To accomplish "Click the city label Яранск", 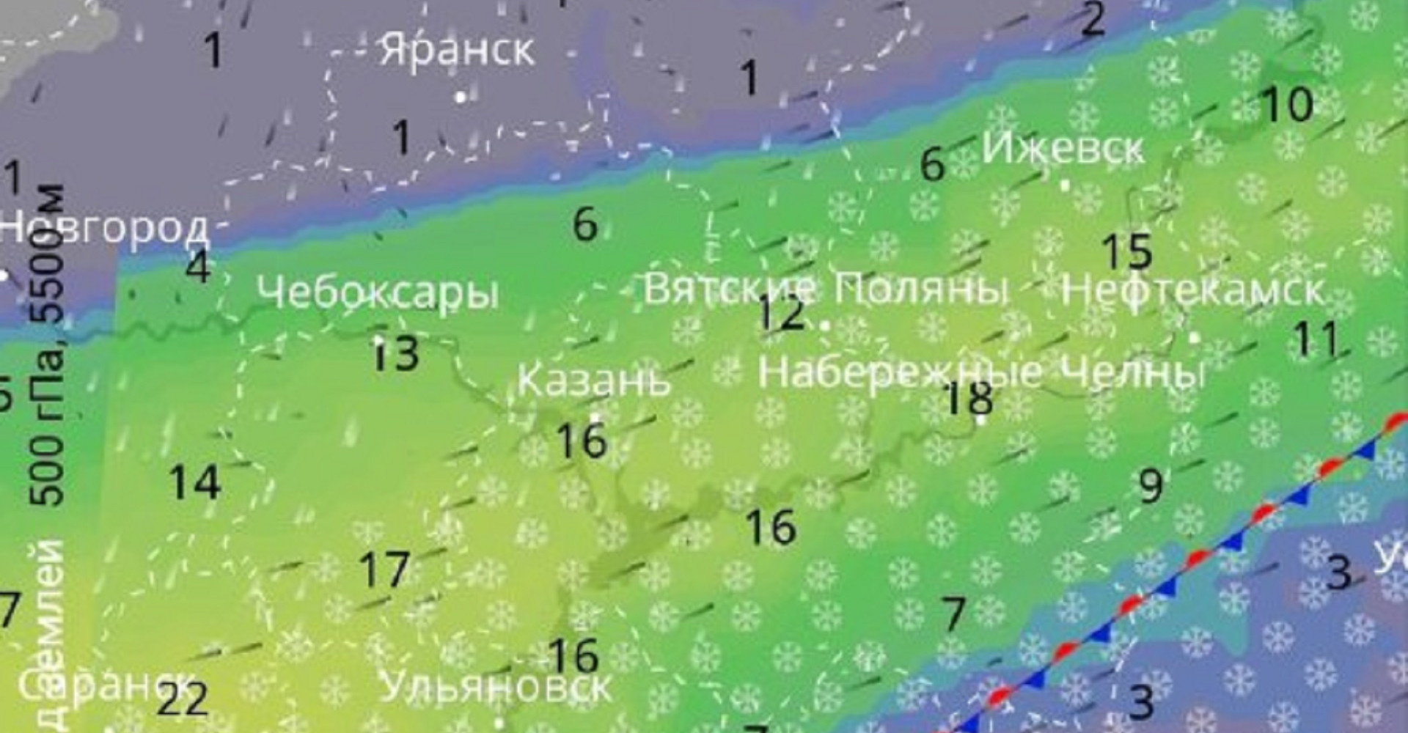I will (456, 50).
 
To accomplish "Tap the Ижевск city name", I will (1063, 149).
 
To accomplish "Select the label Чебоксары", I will (378, 293).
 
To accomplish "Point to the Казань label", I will (594, 380).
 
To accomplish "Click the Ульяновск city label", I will (496, 688).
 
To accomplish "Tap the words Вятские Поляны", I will (826, 288).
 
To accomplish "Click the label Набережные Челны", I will (981, 372).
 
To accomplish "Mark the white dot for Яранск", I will (461, 96).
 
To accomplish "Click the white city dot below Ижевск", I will (1066, 185).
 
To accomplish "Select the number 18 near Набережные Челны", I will (969, 398).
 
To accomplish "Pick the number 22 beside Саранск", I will (183, 700).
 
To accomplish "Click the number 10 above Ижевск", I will (1287, 104).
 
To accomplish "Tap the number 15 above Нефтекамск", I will (1128, 251).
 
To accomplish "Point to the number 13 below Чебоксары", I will (397, 353).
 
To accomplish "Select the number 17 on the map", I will (384, 570).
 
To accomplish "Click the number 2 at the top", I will (1093, 20).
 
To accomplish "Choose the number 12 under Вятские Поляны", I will (782, 312).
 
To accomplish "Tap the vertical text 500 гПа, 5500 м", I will (47, 345).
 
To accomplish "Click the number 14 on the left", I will (195, 483).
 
